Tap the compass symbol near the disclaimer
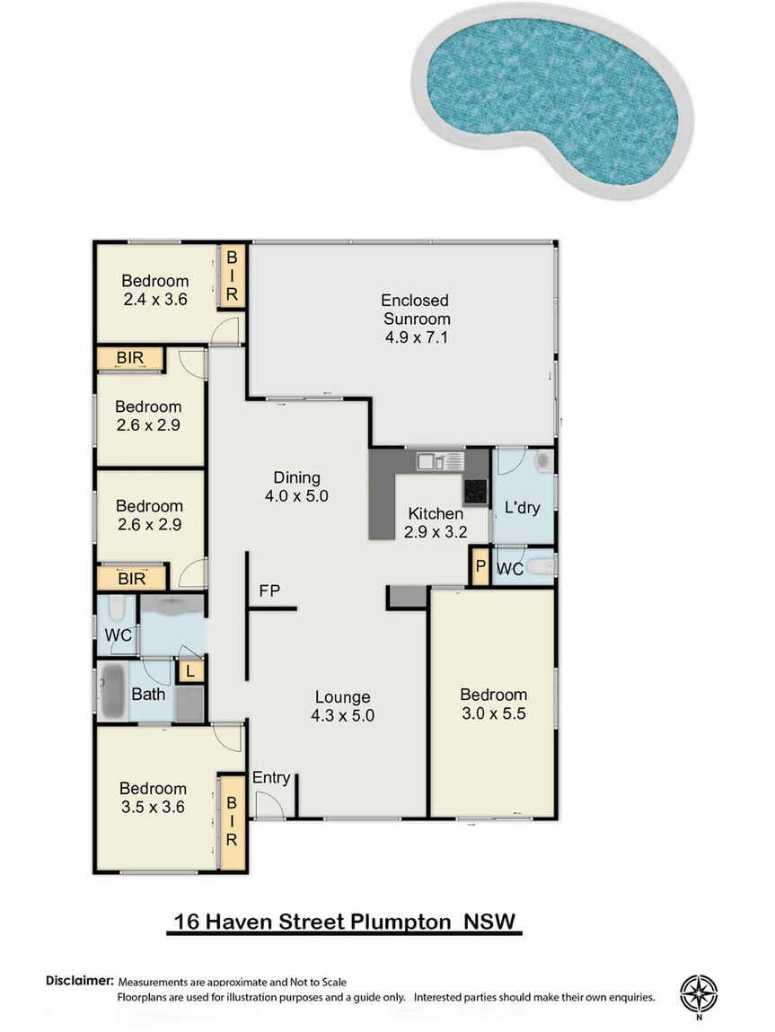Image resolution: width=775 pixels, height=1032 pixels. point(699,992)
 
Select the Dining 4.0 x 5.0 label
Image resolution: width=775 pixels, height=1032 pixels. point(296,486)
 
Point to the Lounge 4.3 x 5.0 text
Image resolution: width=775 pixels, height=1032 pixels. point(342,705)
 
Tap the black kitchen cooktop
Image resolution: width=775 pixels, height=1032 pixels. point(475,491)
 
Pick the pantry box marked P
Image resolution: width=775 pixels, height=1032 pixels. point(480,567)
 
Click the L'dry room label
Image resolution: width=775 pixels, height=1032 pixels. point(522,508)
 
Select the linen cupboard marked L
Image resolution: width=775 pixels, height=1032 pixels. point(189,670)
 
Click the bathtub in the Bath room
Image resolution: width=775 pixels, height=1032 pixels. point(112,692)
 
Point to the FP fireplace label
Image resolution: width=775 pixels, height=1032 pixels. point(269,591)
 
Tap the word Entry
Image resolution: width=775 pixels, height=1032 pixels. point(271,777)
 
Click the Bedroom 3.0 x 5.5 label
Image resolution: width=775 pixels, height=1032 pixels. point(493,703)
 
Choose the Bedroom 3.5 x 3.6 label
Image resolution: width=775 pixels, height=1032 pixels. point(153,797)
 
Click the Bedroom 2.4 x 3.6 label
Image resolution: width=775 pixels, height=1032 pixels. point(155,290)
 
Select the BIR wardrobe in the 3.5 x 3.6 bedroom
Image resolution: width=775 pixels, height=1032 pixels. point(232,821)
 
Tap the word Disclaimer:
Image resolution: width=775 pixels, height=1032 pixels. point(80,980)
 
